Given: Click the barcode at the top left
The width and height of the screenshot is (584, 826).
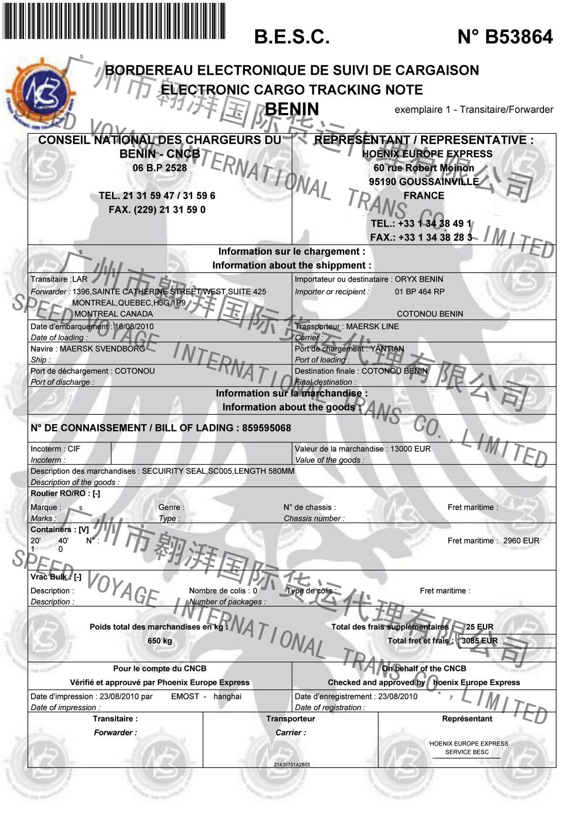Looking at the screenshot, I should tap(114, 21).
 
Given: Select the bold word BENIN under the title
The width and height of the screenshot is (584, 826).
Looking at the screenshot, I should tap(292, 109).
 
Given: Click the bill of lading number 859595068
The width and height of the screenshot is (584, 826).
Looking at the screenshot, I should tap(267, 428).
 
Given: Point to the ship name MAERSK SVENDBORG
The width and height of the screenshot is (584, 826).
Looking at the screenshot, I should tap(102, 349).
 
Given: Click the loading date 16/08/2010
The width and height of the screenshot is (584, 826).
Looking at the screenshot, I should tap(134, 326).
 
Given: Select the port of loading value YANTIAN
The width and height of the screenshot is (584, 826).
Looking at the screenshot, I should tap(387, 349).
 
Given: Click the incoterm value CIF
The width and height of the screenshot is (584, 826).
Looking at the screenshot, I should tap(74, 449).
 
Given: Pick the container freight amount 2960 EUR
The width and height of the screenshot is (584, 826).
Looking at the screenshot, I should tap(521, 541).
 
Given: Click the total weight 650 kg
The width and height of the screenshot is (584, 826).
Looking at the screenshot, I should tap(160, 641).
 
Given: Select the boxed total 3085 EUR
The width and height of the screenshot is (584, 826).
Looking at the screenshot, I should tap(479, 641).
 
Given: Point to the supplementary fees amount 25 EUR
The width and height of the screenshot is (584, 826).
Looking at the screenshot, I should tap(479, 627).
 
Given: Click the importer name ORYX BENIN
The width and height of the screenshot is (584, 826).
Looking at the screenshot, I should tap(419, 279).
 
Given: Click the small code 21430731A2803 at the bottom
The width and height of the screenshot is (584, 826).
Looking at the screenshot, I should tap(292, 764).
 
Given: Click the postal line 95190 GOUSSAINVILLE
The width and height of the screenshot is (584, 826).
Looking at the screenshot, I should tap(424, 182).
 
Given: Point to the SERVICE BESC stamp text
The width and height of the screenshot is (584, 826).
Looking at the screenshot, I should tap(467, 752).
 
